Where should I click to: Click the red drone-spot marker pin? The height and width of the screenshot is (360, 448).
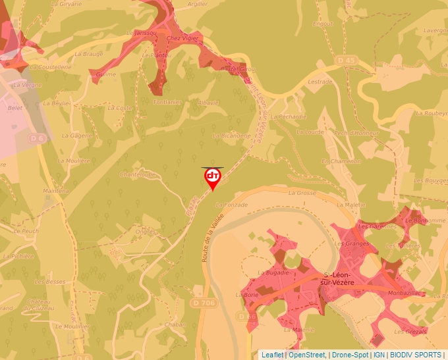[213, 178]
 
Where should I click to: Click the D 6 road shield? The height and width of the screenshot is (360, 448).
[37, 138]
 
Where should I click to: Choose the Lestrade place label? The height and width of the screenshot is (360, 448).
[320, 82]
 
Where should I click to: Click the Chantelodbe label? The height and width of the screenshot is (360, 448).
[137, 174]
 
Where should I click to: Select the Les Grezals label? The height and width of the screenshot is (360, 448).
[412, 330]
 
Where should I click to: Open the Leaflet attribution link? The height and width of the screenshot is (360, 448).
[272, 355]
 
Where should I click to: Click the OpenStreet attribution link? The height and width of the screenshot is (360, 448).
[307, 355]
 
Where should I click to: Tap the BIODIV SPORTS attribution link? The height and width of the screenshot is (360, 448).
[416, 355]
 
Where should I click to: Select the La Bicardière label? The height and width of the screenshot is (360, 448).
[232, 136]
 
